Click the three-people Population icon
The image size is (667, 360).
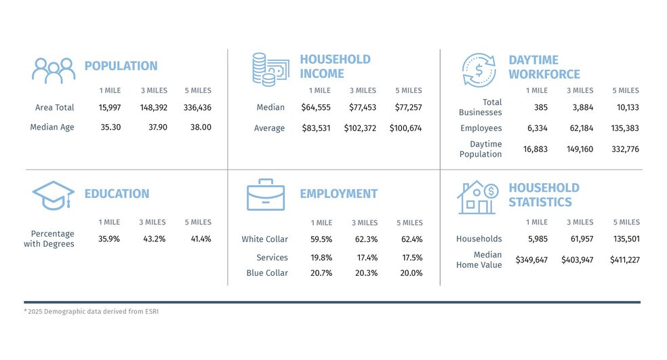click(x=54, y=71)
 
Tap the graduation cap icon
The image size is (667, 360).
click(x=54, y=195)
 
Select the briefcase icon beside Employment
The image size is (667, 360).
click(x=266, y=195)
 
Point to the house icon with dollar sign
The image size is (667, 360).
click(x=478, y=197)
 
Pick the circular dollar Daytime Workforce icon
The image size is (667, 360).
click(x=479, y=71)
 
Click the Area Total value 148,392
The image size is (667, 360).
click(x=154, y=108)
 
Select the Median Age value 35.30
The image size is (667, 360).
click(x=110, y=127)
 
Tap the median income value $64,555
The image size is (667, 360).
click(x=316, y=108)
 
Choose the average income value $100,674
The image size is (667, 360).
click(x=405, y=128)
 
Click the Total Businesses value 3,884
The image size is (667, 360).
click(x=582, y=108)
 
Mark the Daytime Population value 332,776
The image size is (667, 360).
click(x=625, y=149)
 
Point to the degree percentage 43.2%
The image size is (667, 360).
click(x=154, y=239)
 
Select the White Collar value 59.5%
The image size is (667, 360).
click(x=321, y=239)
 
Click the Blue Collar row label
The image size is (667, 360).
click(x=267, y=273)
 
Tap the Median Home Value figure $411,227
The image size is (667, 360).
click(x=624, y=260)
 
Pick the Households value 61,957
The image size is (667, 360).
click(x=582, y=239)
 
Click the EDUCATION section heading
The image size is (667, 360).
click(x=117, y=194)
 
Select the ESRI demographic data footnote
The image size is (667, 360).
click(x=91, y=311)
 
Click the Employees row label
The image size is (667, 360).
click(x=481, y=128)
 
